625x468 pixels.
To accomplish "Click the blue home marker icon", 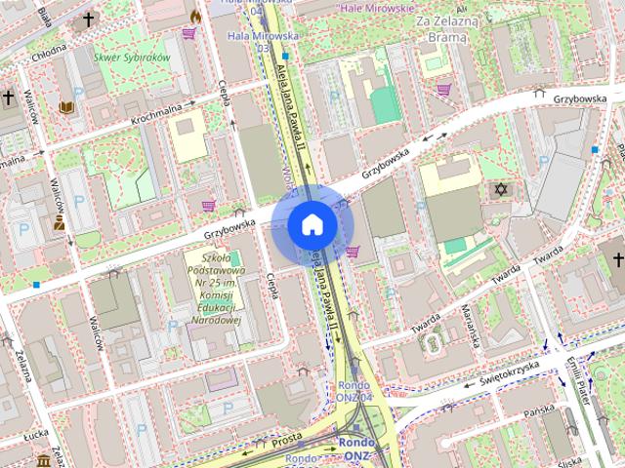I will (312, 225).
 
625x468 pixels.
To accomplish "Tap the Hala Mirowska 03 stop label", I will (249, 39).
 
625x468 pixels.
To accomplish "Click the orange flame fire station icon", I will (195, 17).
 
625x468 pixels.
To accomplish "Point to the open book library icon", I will (66, 106).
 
